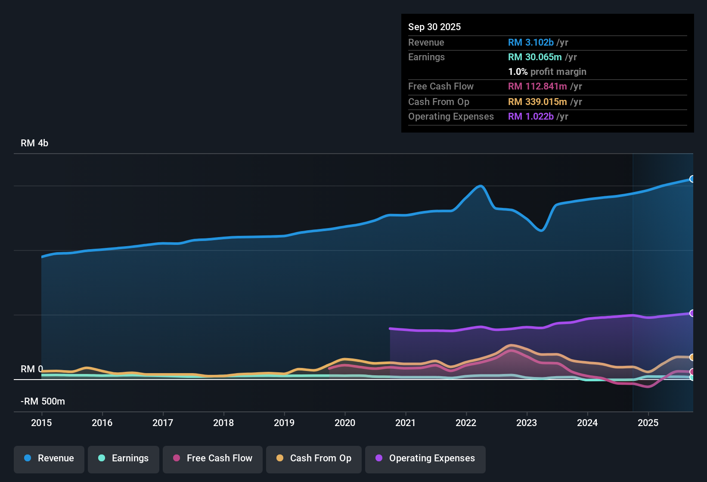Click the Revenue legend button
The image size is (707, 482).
click(49, 458)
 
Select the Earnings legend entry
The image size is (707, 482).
click(124, 458)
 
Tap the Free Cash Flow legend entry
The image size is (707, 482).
click(213, 458)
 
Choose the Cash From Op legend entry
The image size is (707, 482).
click(314, 458)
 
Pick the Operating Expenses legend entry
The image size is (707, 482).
click(425, 458)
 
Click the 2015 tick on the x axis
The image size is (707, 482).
click(41, 423)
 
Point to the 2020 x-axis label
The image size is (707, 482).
click(345, 423)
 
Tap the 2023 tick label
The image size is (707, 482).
click(527, 423)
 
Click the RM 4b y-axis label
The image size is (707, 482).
click(34, 143)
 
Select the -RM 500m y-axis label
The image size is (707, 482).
click(43, 402)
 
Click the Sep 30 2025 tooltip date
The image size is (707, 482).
click(434, 27)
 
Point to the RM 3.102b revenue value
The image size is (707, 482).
click(530, 42)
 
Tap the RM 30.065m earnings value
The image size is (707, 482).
click(534, 57)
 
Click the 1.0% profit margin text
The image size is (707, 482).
click(547, 72)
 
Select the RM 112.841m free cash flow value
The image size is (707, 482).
click(537, 86)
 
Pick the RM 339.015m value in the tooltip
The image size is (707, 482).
click(537, 102)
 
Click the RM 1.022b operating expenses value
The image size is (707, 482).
click(530, 116)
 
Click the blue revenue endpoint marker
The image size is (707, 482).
click(692, 179)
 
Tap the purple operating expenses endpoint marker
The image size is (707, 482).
click(692, 313)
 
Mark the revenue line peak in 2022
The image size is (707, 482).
click(481, 186)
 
